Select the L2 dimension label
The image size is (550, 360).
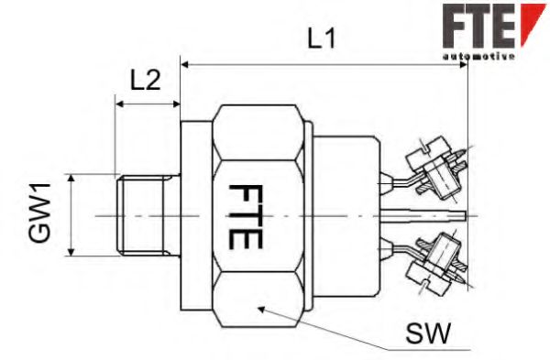tap(145, 80)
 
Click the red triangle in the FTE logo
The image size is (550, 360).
tap(531, 22)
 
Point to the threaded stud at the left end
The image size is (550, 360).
tap(142, 216)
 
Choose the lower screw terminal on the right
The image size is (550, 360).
tap(436, 261)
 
